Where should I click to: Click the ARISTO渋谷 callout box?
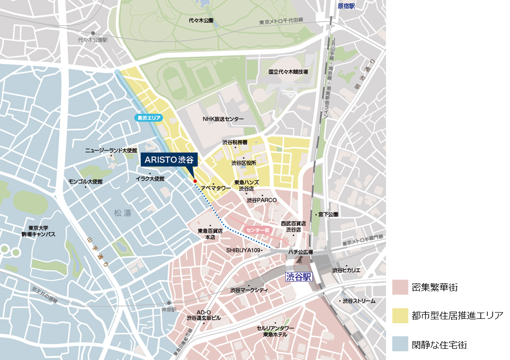tap(169, 160)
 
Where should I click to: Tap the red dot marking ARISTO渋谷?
tap(195, 181)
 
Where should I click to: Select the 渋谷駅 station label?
tap(299, 277)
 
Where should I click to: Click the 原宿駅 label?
tap(346, 6)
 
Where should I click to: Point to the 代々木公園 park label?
tap(201, 21)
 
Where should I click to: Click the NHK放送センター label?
tap(223, 119)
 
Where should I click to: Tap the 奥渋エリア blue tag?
tap(149, 118)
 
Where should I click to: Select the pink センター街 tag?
tap(257, 230)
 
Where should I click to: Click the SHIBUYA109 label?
tap(244, 250)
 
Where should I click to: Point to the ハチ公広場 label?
tap(300, 252)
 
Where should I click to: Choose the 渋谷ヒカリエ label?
tap(346, 270)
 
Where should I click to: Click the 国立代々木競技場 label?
tap(288, 72)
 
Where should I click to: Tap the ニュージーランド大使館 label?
tap(111, 151)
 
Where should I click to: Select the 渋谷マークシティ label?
tap(248, 290)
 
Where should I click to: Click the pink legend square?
tap(400, 287)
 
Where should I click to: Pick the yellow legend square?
tap(400, 316)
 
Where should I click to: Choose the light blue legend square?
tap(400, 344)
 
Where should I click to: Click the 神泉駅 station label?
tap(170, 310)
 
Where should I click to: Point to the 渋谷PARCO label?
tap(262, 200)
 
